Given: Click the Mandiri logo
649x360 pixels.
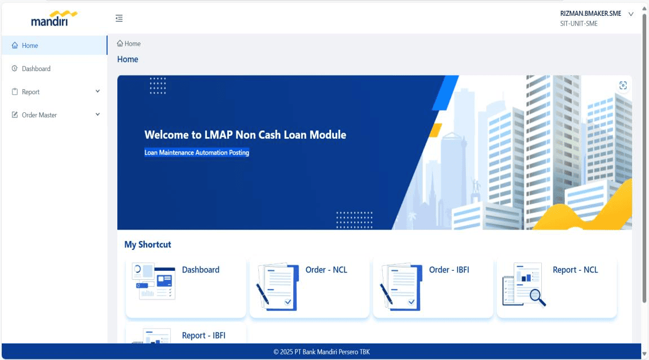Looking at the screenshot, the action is [54, 19].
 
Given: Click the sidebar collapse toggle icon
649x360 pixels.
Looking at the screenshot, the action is [119, 18].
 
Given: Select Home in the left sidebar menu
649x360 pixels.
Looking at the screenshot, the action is [30, 46].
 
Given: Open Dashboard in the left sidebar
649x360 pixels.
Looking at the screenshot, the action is [36, 69].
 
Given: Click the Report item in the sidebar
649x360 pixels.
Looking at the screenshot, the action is [30, 92].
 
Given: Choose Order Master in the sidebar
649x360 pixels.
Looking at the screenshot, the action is [39, 115].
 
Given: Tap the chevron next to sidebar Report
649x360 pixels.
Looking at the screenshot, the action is [98, 91].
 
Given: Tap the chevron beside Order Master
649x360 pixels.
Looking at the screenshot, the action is [98, 115].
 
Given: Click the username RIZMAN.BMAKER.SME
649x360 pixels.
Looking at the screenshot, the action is [590, 14].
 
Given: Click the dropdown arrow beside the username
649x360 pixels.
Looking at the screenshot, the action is [631, 14].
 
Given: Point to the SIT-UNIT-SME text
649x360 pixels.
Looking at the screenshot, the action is [579, 24].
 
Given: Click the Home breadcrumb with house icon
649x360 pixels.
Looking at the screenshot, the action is [129, 43].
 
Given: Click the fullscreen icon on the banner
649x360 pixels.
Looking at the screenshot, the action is [623, 85].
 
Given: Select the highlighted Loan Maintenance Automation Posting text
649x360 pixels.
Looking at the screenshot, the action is [197, 152].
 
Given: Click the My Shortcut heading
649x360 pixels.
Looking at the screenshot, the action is [148, 244].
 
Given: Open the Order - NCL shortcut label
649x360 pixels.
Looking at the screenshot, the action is [326, 270].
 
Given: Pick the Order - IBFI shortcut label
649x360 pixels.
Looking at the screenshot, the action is [449, 270].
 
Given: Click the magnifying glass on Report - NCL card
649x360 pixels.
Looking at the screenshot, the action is [537, 297].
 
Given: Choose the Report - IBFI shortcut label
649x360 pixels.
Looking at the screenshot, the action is [204, 336].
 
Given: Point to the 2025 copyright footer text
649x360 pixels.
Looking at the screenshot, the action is [321, 352].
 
